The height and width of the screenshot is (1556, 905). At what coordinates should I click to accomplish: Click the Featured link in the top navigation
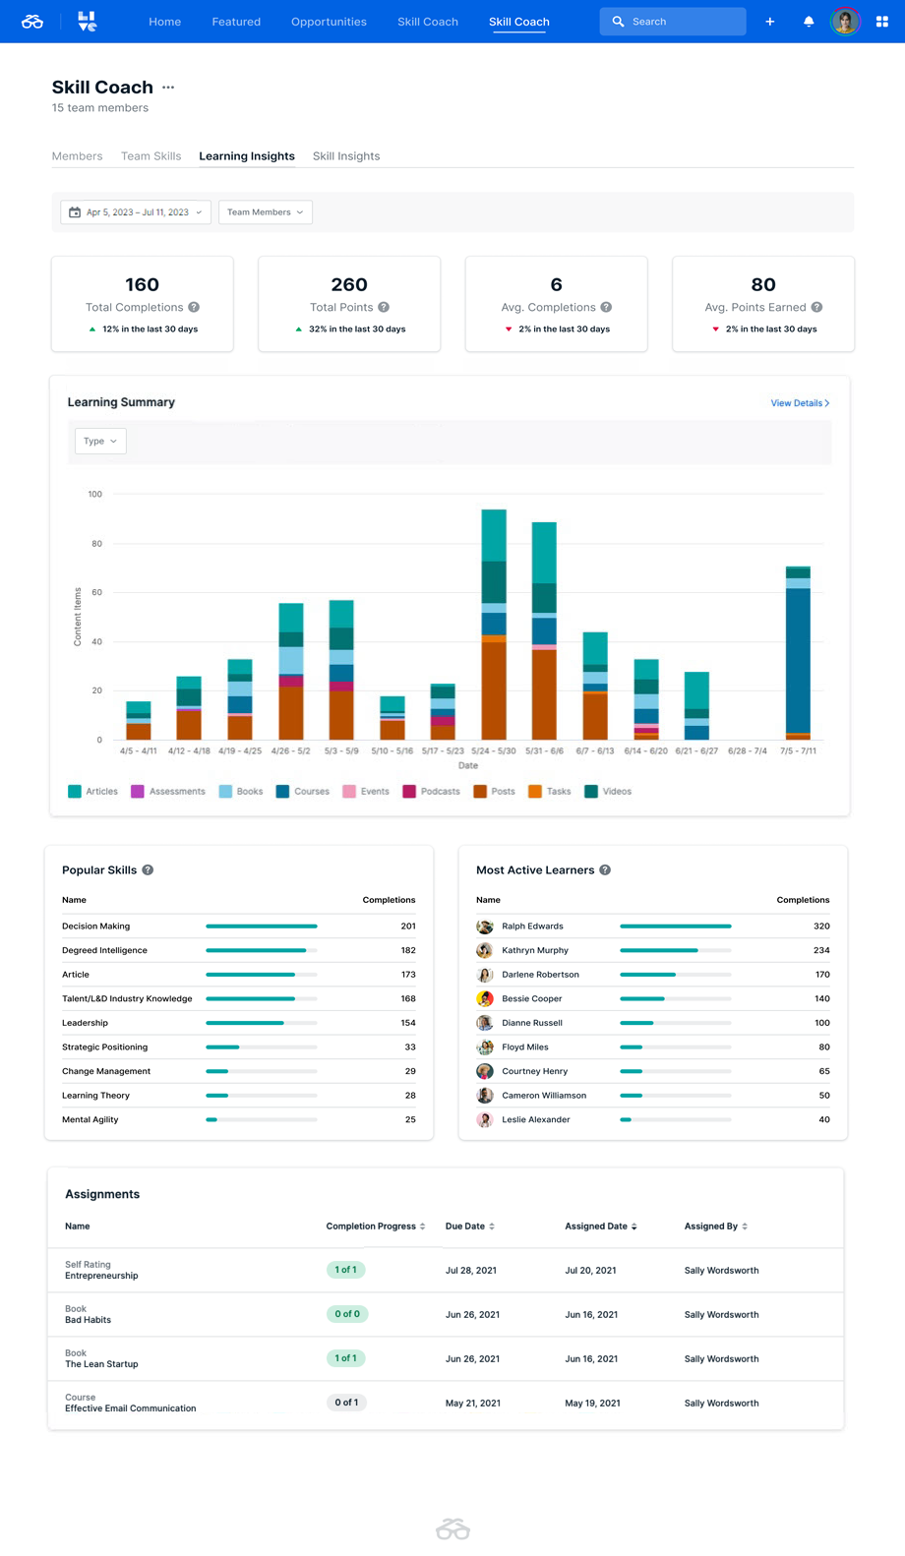(236, 22)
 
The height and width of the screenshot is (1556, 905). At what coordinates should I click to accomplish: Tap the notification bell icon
(809, 22)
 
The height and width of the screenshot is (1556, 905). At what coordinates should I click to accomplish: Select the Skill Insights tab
(346, 156)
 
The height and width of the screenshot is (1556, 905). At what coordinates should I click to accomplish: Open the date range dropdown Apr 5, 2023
(136, 212)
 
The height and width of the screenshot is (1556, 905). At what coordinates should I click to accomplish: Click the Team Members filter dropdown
(265, 212)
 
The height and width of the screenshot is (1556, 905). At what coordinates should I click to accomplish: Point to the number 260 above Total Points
(349, 285)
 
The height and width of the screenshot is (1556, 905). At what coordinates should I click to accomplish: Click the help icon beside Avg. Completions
(606, 307)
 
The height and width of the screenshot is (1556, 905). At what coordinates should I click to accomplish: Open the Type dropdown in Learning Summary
(100, 442)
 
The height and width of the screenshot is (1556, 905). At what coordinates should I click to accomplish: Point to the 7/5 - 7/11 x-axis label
(798, 750)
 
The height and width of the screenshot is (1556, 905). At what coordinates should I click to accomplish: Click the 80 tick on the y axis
(96, 544)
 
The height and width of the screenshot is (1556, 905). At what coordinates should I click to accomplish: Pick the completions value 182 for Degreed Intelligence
(407, 950)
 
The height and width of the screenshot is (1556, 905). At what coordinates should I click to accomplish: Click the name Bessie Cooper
(531, 998)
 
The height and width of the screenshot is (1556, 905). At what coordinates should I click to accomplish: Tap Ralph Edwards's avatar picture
(485, 927)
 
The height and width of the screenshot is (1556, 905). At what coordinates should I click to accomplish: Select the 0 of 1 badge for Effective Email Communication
(346, 1403)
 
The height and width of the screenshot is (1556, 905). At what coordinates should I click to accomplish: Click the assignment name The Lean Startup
(101, 1364)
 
